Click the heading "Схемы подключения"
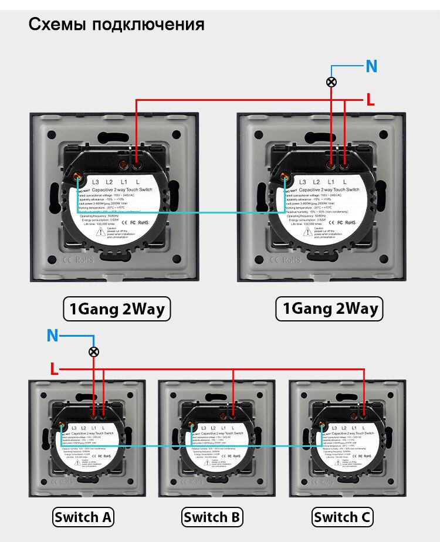pyautogui.click(x=116, y=25)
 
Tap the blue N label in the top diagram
pyautogui.click(x=371, y=66)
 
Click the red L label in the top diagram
pyautogui.click(x=370, y=100)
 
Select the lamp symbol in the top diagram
pyautogui.click(x=331, y=82)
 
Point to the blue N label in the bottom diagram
pyautogui.click(x=53, y=336)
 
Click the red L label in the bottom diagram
pyautogui.click(x=54, y=369)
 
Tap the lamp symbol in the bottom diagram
pyautogui.click(x=93, y=352)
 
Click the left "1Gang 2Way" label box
pyautogui.click(x=117, y=309)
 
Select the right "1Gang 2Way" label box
pyautogui.click(x=329, y=309)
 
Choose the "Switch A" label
pyautogui.click(x=83, y=517)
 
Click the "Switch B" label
pyautogui.click(x=212, y=517)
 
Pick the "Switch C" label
pyautogui.click(x=342, y=517)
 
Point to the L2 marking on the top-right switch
pyautogui.click(x=317, y=183)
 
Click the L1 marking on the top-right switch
pyautogui.click(x=331, y=183)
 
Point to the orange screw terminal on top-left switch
pyautogui.click(x=77, y=174)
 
